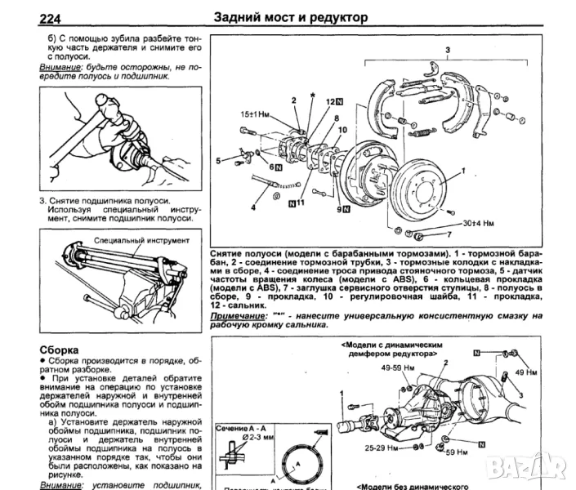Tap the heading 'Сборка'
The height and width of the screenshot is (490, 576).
(x=60, y=349)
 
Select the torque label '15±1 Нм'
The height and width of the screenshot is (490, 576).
(x=255, y=114)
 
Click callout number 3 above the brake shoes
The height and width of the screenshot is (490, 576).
(x=447, y=51)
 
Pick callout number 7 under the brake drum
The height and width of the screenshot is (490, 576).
(x=449, y=235)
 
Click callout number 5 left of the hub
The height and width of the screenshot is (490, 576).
(x=219, y=161)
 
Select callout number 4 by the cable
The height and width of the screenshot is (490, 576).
(x=253, y=207)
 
